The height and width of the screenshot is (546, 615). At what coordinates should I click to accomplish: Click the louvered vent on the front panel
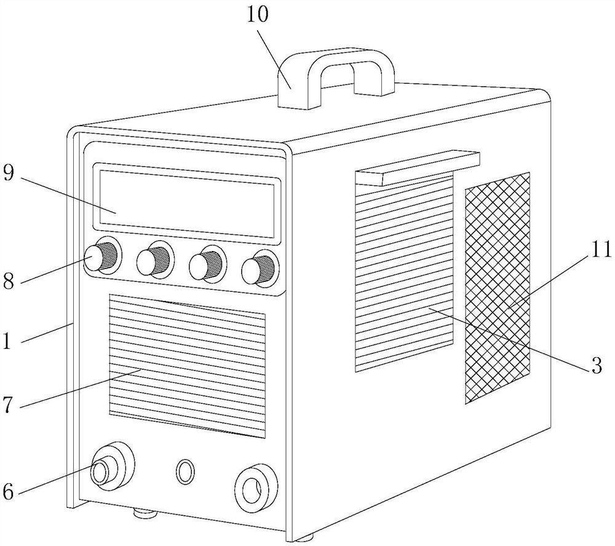pyautogui.click(x=187, y=366)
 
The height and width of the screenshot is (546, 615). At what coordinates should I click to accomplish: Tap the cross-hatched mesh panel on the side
pyautogui.click(x=497, y=288)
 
